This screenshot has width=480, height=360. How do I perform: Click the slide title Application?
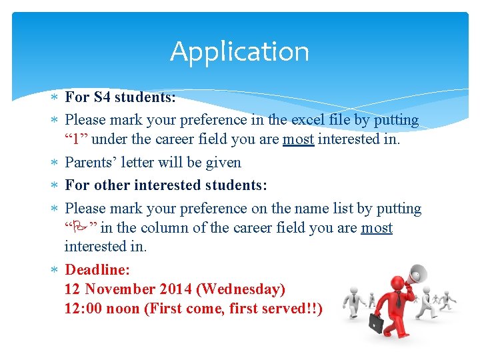(239, 51)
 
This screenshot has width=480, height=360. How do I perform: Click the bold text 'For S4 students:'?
(120, 97)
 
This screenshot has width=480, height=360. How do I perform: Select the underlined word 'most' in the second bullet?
(298, 139)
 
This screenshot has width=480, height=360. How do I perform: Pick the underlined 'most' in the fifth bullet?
(376, 228)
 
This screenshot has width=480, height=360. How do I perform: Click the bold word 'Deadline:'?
(97, 270)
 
